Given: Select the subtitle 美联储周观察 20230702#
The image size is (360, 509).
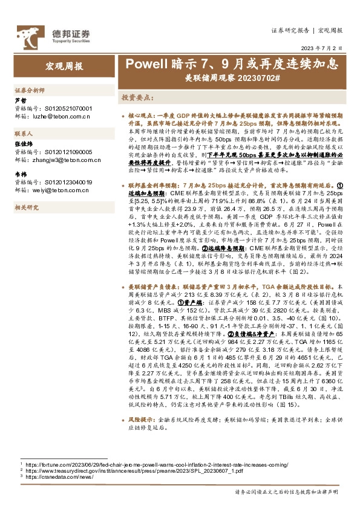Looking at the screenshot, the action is click(232, 77).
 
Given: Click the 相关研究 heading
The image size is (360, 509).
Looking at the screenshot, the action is click(27, 207).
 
